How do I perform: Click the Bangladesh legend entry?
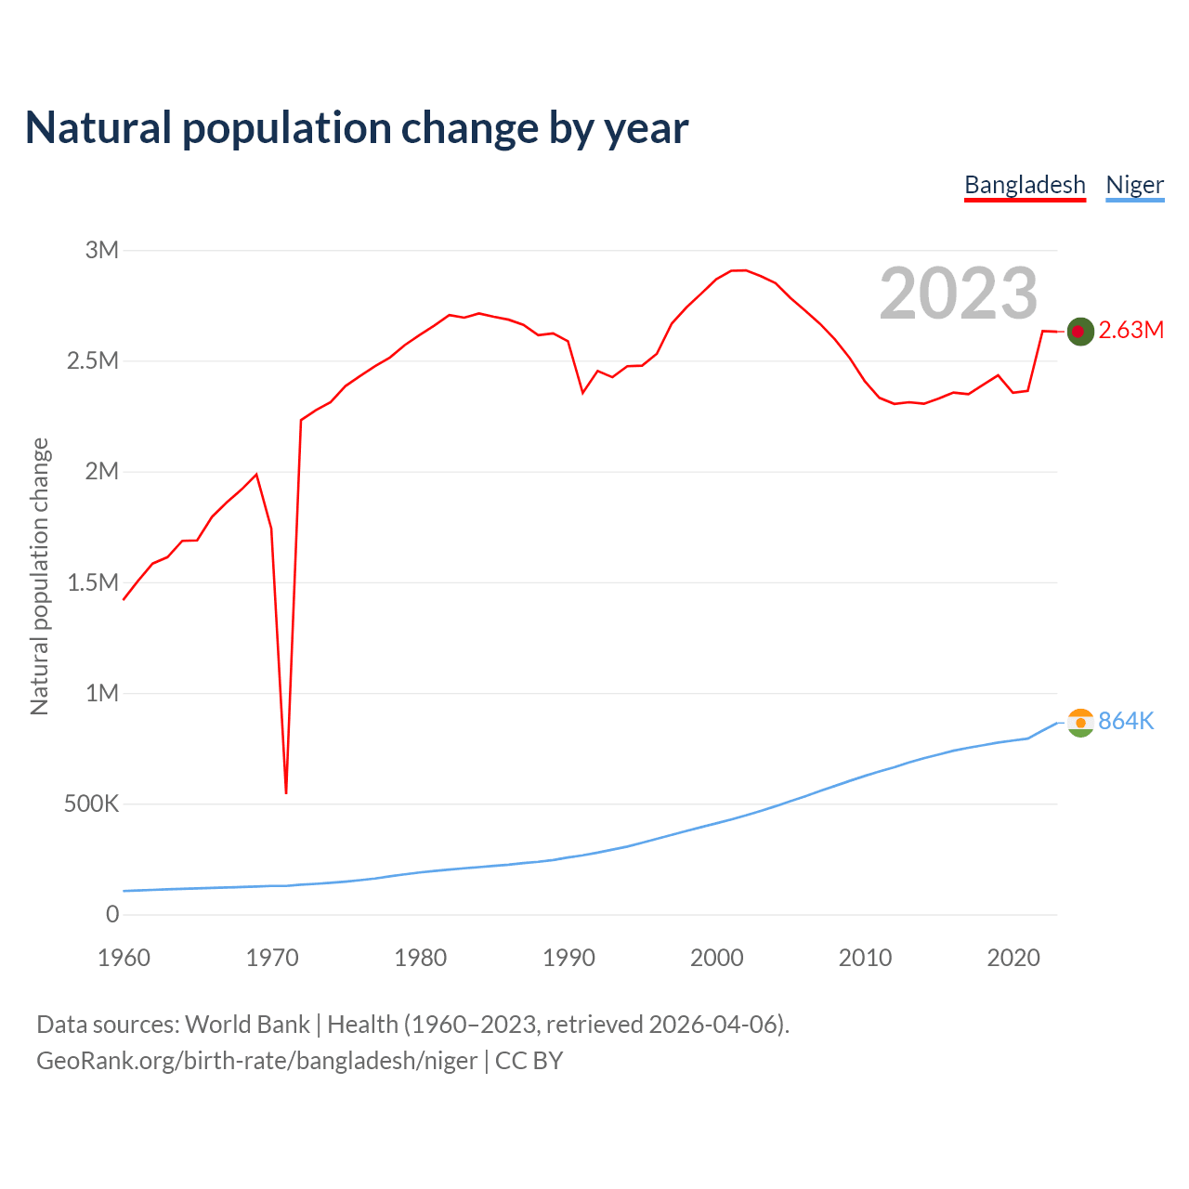[x=1025, y=185]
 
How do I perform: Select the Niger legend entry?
[x=1134, y=185]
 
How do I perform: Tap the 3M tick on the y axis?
[x=102, y=250]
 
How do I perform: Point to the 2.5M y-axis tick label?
[x=93, y=360]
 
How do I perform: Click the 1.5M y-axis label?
[x=93, y=582]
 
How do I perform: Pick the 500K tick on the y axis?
[x=91, y=804]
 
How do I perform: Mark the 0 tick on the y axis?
[x=112, y=914]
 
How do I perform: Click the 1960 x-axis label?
[x=124, y=958]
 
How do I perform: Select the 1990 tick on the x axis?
[x=568, y=958]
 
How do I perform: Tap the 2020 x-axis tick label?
[x=1013, y=958]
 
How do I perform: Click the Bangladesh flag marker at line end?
[x=1080, y=331]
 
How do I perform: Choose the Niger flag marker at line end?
[x=1080, y=722]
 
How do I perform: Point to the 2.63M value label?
[x=1130, y=330]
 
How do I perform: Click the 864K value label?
[x=1126, y=721]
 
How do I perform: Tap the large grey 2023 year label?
[x=958, y=293]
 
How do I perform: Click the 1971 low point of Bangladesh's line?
[x=286, y=792]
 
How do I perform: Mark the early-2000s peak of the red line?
[x=739, y=270]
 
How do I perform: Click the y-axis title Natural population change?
[x=39, y=576]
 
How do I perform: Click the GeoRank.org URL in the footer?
[x=256, y=1060]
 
